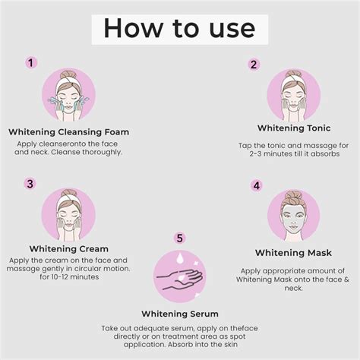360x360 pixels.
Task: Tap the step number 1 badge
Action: pos(30,63)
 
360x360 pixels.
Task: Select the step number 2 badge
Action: pos(254,65)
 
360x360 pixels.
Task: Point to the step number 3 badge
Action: pos(30,183)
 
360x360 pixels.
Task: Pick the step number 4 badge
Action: pos(257,185)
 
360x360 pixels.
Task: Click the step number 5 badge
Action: pos(180,238)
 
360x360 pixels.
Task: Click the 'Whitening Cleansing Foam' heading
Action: pos(68,131)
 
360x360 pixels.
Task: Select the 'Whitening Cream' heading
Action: pos(68,248)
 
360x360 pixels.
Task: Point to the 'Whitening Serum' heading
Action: pos(180,313)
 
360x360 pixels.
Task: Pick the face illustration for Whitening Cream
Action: pos(68,215)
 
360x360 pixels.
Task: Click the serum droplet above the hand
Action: pos(180,259)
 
